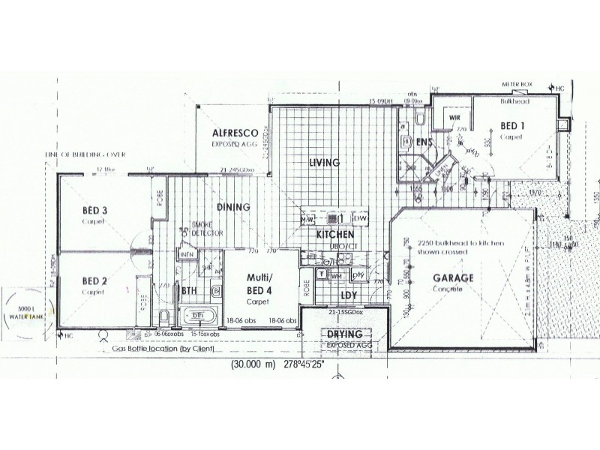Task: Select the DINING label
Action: [x=233, y=207]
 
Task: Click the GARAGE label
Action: [x=454, y=277]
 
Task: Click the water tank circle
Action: [x=25, y=312]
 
